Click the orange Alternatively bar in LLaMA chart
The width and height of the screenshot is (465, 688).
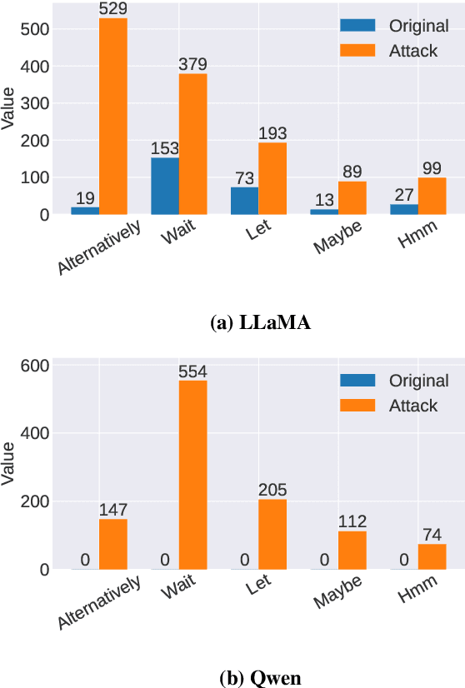tap(113, 117)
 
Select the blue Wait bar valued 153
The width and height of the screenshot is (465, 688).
tap(165, 186)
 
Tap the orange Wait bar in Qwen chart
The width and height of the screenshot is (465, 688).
tap(193, 475)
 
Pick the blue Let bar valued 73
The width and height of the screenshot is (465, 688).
tap(245, 201)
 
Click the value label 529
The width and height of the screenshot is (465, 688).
tap(113, 9)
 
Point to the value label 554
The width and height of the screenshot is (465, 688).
tap(193, 371)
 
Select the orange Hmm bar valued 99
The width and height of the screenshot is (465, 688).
tap(432, 196)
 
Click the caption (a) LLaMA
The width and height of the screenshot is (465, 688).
tap(262, 324)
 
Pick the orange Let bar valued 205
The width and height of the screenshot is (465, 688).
tap(272, 534)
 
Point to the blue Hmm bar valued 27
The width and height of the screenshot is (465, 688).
tap(405, 209)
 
